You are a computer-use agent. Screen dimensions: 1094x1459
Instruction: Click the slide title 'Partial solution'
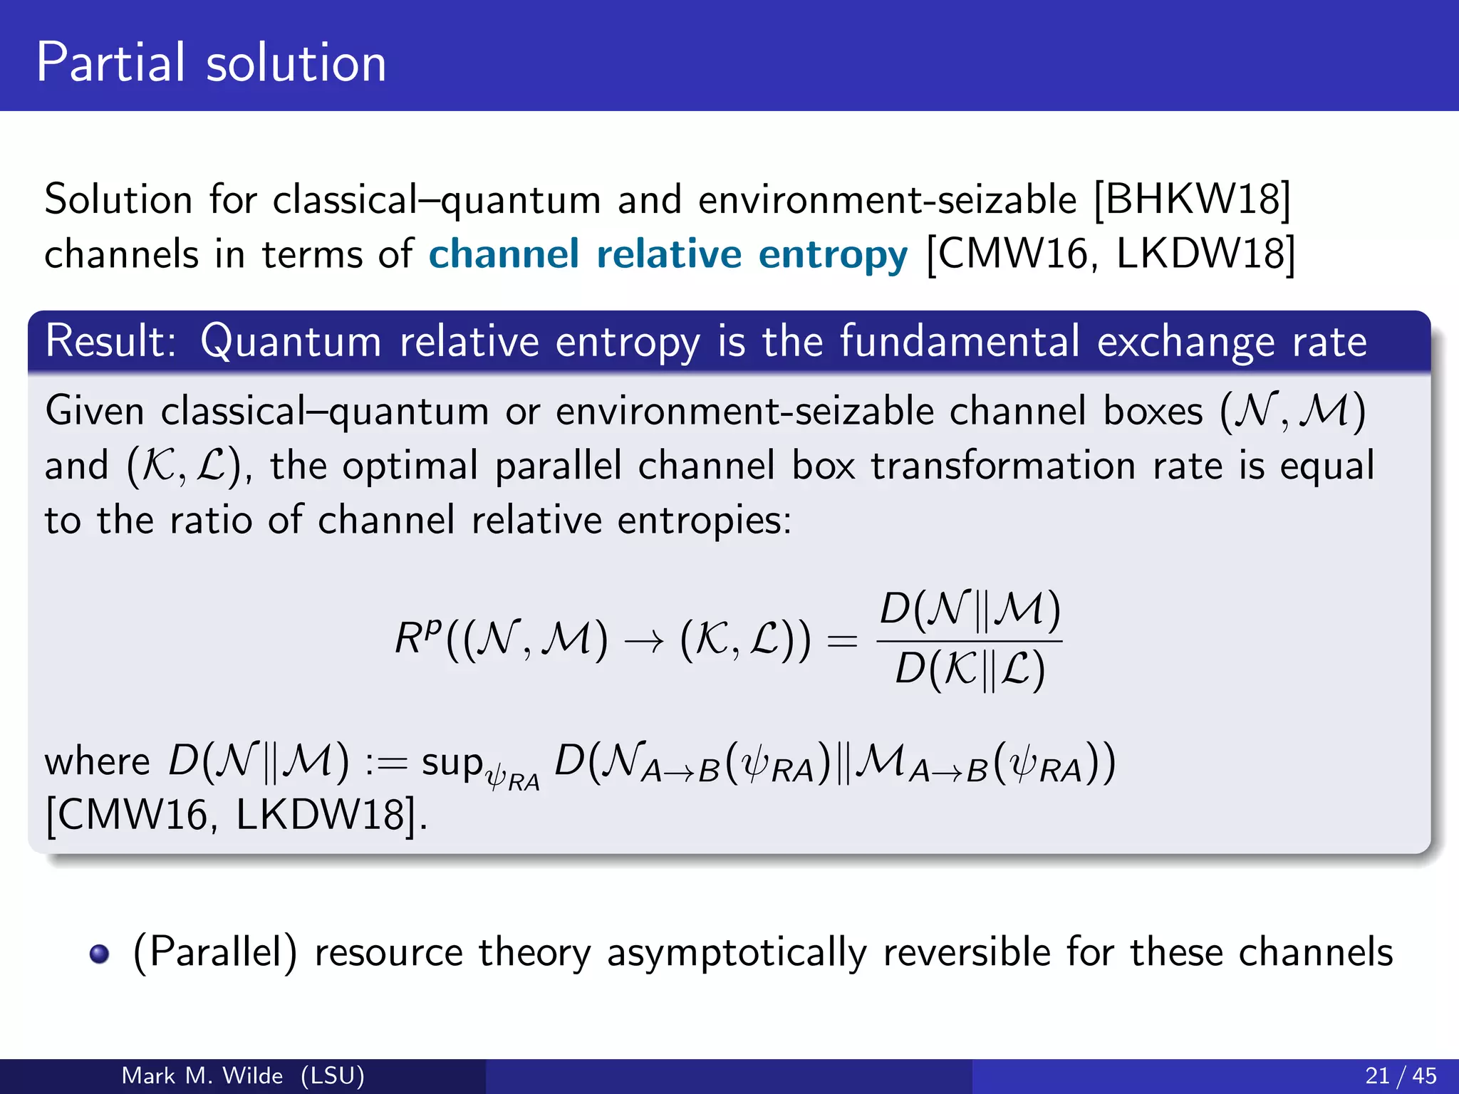click(x=211, y=63)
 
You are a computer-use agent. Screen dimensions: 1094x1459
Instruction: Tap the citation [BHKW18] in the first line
click(x=1192, y=199)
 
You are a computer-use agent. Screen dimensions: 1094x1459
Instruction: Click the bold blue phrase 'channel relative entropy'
click(x=668, y=254)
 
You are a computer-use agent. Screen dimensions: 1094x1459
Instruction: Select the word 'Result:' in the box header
click(x=111, y=341)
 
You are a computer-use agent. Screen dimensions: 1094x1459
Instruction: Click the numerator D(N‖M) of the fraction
click(x=970, y=610)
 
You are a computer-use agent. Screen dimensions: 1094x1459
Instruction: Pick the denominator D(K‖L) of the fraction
click(x=970, y=670)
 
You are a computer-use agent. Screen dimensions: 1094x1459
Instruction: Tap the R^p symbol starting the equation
click(x=418, y=637)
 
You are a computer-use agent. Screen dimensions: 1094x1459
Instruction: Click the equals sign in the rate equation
click(x=841, y=640)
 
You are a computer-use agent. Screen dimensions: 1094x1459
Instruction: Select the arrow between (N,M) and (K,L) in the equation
click(x=644, y=641)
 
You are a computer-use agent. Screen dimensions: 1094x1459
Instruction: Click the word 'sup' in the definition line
click(x=452, y=763)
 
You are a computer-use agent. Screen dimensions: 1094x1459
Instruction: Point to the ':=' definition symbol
click(x=385, y=763)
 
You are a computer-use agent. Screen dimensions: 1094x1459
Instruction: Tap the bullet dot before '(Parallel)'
click(x=100, y=954)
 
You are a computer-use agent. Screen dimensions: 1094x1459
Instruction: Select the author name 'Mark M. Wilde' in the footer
click(x=202, y=1075)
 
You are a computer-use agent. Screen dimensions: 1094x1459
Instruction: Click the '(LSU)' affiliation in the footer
click(x=333, y=1075)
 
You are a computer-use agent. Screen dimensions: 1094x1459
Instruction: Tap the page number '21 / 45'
click(x=1401, y=1075)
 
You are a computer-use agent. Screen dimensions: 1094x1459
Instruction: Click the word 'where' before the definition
click(x=97, y=761)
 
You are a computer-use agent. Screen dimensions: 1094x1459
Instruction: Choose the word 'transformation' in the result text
click(x=1003, y=467)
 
